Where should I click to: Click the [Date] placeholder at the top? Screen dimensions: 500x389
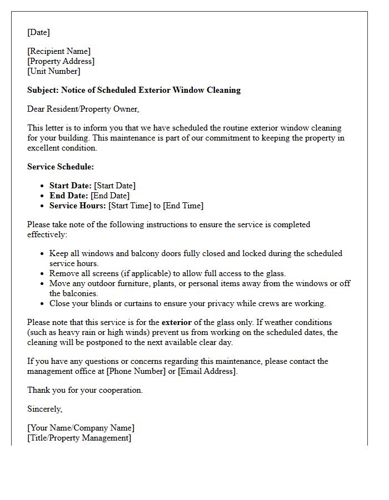[38, 32]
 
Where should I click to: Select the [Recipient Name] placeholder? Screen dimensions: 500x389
[59, 51]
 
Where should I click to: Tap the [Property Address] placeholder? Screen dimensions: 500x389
[61, 61]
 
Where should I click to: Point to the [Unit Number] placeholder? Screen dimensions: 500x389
[54, 71]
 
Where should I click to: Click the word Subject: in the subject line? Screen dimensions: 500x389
[43, 90]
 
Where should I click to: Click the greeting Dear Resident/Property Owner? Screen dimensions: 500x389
[83, 109]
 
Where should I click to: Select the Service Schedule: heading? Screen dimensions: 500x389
[61, 167]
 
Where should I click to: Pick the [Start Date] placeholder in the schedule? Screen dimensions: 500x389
[114, 186]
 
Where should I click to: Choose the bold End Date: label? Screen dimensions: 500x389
[69, 196]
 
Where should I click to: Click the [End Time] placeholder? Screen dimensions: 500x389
[183, 206]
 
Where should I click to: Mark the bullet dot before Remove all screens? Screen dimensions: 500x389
[43, 273]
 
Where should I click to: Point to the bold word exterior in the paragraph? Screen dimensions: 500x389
[177, 322]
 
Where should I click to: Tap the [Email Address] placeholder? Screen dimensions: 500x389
[207, 371]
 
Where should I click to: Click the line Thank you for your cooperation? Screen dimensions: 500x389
[85, 390]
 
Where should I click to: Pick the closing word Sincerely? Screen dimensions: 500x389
[45, 409]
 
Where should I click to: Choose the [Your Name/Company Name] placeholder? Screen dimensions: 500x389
[81, 428]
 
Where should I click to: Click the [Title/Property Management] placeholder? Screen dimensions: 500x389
[79, 438]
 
